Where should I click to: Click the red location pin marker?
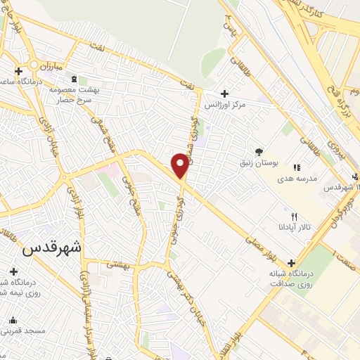tap(181, 165)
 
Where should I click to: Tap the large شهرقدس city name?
tap(52, 247)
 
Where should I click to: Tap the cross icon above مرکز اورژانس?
tap(224, 94)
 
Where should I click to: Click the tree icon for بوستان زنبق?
tap(259, 151)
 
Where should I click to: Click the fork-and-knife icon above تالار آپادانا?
tap(295, 217)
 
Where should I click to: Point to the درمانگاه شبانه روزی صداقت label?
tap(286, 278)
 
